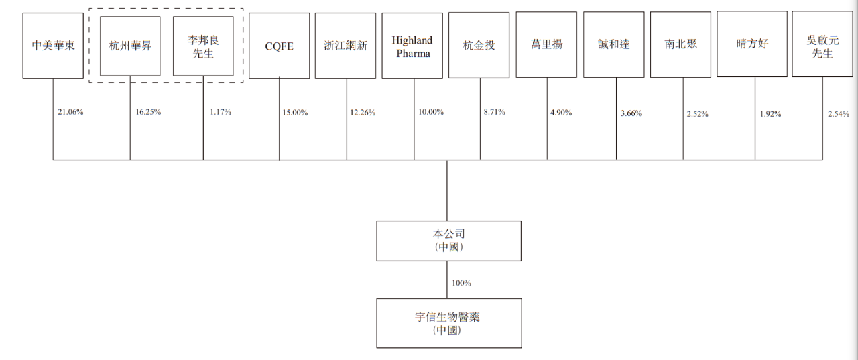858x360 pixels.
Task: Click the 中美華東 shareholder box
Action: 53,46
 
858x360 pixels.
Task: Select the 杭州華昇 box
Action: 130,46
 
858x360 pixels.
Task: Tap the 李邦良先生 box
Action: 203,46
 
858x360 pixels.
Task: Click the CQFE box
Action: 280,46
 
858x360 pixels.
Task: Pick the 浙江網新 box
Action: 345,46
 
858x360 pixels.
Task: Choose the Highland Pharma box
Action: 412,46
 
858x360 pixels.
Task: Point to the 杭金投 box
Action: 479,45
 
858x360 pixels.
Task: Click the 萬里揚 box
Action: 546,45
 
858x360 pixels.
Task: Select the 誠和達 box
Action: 613,45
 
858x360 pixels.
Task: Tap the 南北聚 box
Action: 680,45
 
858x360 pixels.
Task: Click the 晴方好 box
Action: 752,44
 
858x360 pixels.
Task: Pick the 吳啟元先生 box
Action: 822,44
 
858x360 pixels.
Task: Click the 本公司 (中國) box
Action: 449,241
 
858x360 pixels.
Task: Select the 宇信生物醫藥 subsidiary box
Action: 449,323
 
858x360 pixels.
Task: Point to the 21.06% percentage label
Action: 70,112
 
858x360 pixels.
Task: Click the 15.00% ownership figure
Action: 295,113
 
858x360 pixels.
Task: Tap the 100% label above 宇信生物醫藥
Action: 462,283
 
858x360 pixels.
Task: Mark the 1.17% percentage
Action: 221,112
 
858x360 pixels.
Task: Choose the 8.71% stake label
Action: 495,112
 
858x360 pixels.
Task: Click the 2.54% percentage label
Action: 839,114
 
